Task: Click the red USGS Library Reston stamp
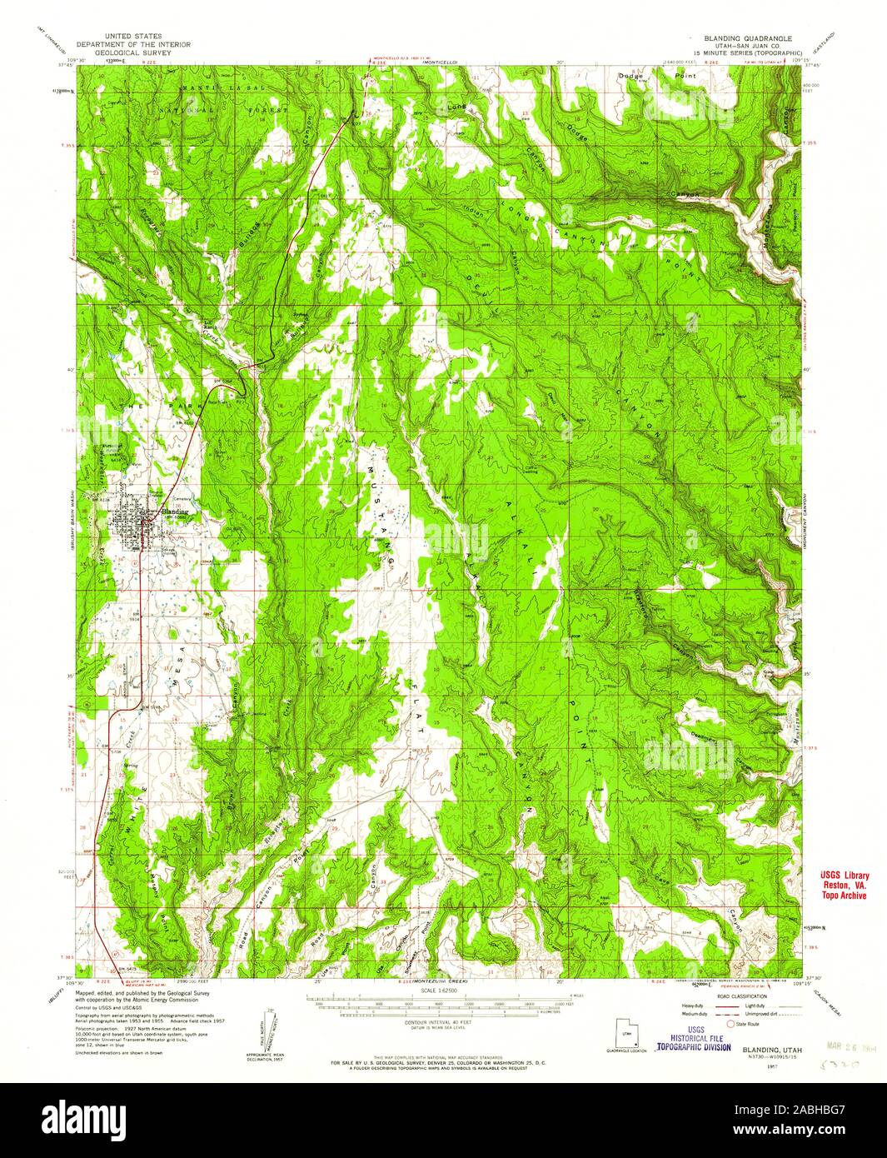click(x=840, y=885)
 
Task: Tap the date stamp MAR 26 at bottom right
click(x=843, y=1042)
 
